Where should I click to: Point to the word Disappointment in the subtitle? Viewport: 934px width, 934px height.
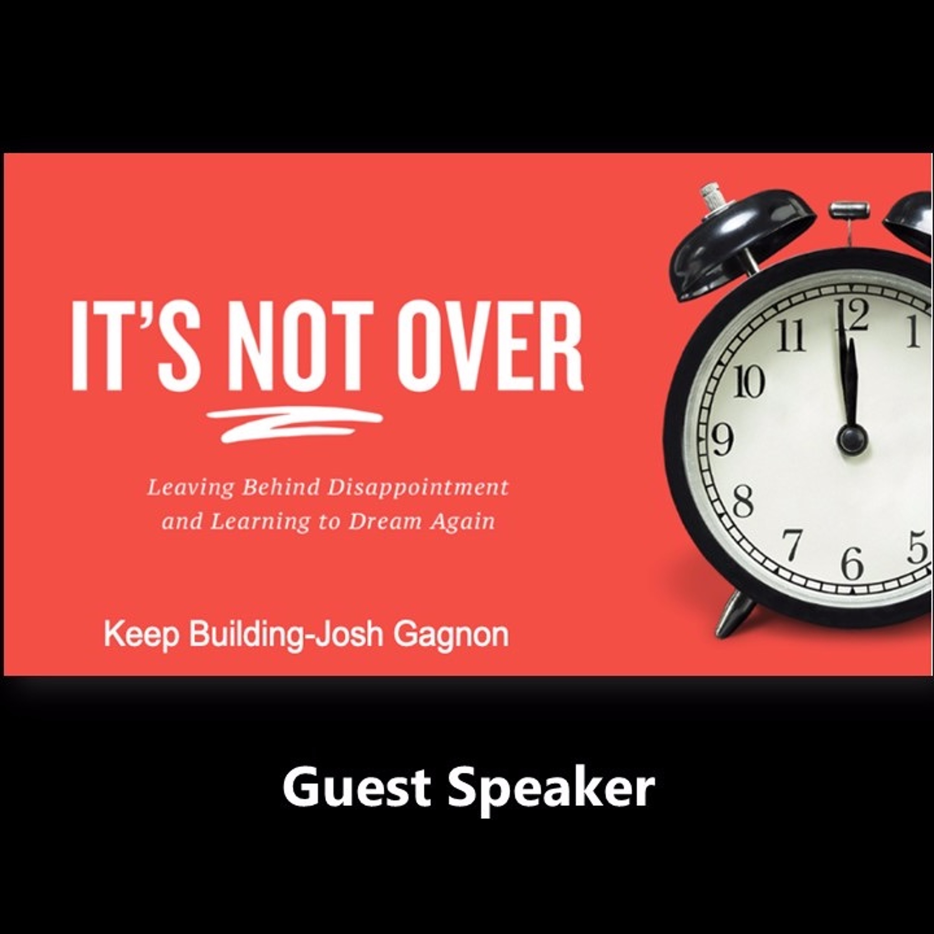[418, 488]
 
